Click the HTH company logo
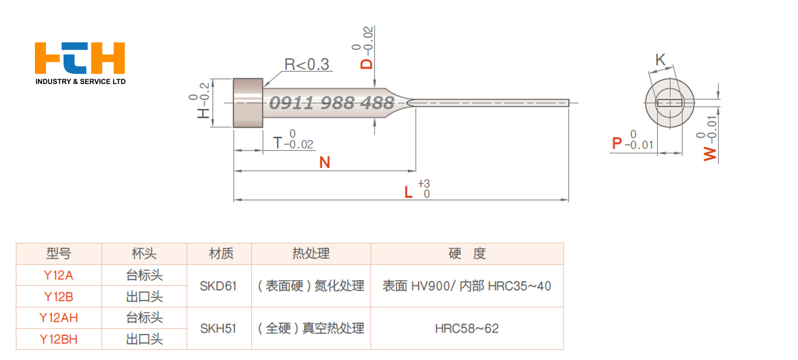[80, 58]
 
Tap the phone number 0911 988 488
[332, 103]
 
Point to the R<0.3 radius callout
[306, 65]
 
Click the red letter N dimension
[325, 162]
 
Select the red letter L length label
[408, 192]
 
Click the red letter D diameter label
[366, 64]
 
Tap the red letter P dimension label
[617, 143]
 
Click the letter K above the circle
[660, 60]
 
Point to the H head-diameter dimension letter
[203, 112]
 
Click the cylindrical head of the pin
[248, 103]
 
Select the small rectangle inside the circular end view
[669, 103]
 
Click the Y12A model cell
[58, 275]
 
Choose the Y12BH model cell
[58, 339]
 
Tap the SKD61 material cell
[218, 286]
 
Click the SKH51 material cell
[218, 328]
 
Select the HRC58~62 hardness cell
[467, 328]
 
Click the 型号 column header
[58, 254]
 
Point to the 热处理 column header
[311, 254]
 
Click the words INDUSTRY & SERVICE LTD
[80, 82]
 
